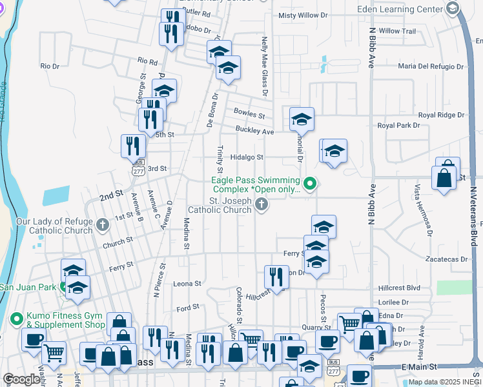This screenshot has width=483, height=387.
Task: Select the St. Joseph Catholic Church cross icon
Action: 262,204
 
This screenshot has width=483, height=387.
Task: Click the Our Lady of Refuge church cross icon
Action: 103,225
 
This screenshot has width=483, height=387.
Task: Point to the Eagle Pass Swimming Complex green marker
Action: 310,184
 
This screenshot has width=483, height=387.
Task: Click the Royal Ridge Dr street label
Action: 443,115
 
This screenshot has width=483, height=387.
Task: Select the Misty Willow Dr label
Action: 303,15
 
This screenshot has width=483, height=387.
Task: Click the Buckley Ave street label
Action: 254,131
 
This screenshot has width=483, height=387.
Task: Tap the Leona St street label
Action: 187,283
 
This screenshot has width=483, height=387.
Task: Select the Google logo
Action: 21,379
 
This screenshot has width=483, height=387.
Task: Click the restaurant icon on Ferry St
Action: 276,277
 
